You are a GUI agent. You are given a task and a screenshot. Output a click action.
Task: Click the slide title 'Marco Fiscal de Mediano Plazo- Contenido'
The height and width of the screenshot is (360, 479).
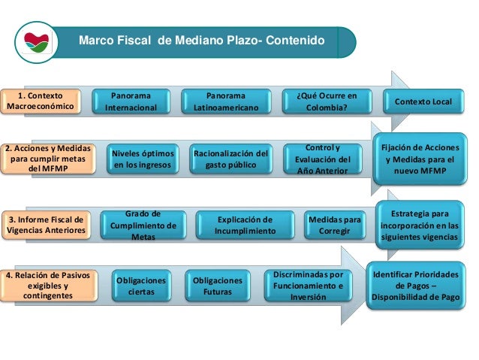202,40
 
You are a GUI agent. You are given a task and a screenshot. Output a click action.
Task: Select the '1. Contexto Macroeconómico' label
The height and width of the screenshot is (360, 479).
41,101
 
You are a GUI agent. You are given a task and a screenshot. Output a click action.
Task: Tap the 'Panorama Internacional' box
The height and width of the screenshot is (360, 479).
131,101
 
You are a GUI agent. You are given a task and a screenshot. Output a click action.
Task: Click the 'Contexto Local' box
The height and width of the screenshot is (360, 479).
423,101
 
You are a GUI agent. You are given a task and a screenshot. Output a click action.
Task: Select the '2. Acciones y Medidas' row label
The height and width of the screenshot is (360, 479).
47,159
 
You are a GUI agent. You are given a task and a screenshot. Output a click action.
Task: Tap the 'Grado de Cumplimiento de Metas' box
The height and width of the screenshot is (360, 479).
143,225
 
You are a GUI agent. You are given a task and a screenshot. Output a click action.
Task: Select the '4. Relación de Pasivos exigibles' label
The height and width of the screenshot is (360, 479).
48,286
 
